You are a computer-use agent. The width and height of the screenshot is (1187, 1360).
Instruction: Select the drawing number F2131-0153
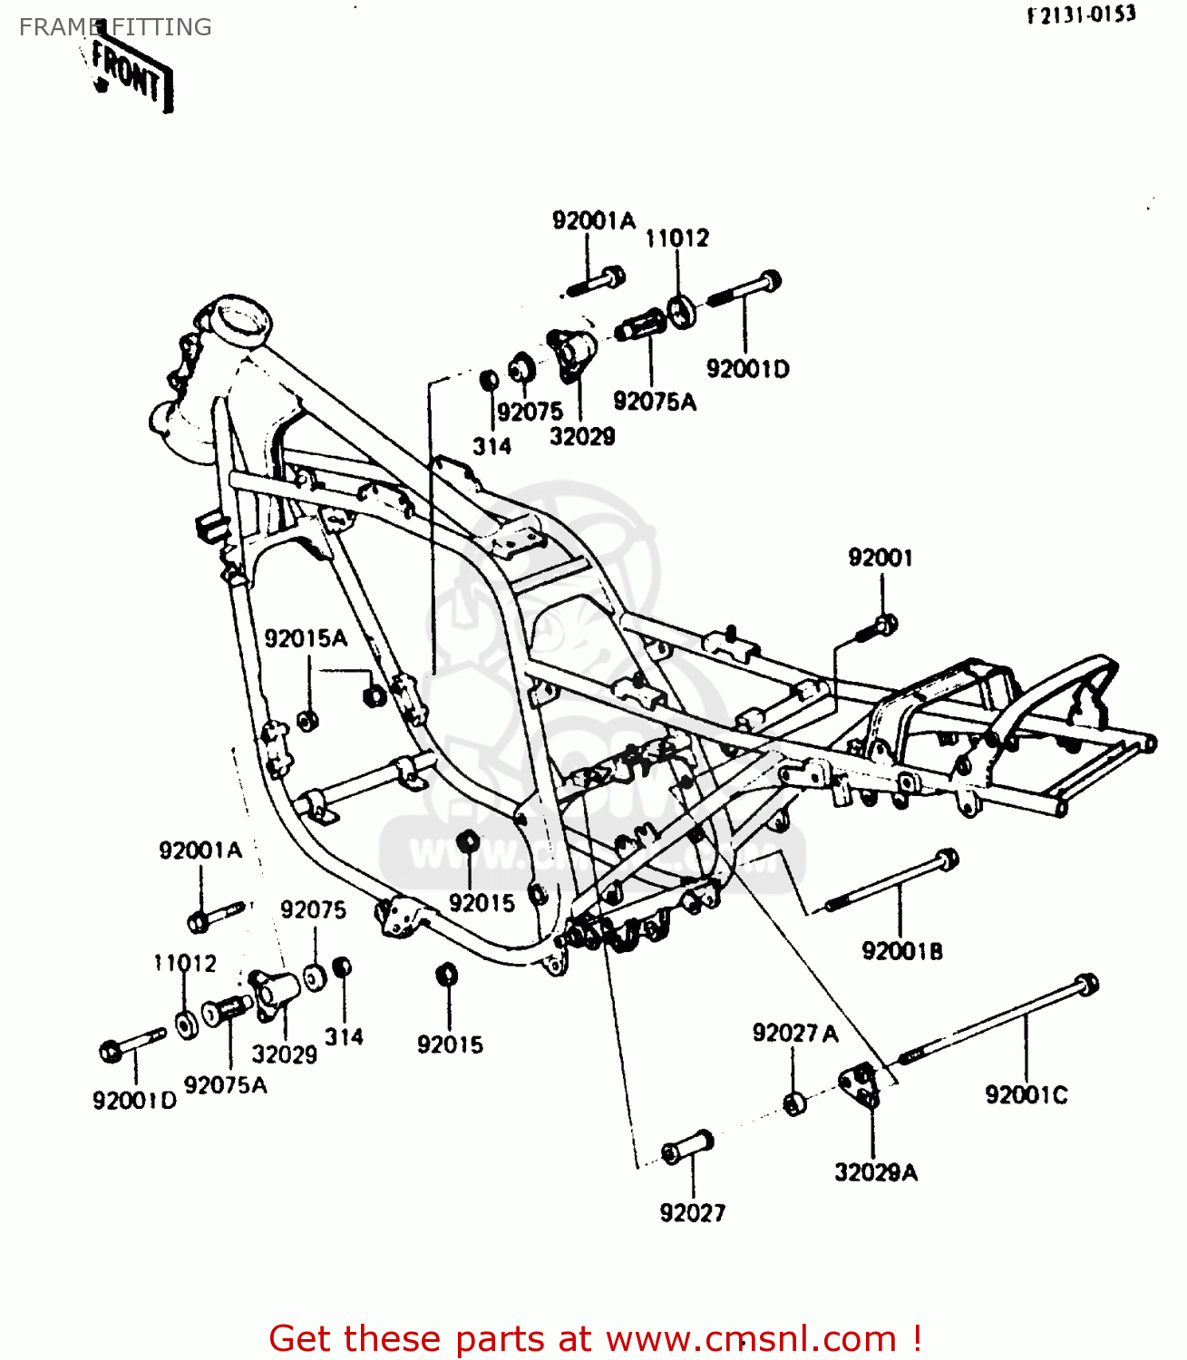tap(1081, 15)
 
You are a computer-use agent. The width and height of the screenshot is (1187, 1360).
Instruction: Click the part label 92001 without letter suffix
tap(880, 558)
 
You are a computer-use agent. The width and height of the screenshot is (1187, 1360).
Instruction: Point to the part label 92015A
tap(306, 638)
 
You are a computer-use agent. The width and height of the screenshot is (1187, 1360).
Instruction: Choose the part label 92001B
tap(901, 951)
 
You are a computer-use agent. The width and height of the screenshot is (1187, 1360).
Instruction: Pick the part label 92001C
tap(1026, 1095)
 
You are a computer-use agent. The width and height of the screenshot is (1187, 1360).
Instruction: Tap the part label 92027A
tap(794, 1033)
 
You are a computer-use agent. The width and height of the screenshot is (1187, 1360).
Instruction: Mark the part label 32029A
tap(875, 1172)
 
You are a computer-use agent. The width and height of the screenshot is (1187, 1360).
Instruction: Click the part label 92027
tap(692, 1212)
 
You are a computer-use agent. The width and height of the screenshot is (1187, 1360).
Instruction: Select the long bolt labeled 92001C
tap(997, 1020)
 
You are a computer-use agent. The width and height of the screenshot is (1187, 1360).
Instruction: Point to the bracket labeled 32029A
tap(860, 1084)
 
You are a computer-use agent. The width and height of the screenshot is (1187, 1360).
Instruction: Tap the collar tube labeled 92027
tap(688, 1147)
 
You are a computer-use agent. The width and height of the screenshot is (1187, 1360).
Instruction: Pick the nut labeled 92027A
tap(794, 1103)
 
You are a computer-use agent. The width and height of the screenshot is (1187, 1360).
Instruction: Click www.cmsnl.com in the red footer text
tap(751, 1338)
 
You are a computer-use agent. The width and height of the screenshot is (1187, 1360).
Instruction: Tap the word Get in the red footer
tap(302, 1338)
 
